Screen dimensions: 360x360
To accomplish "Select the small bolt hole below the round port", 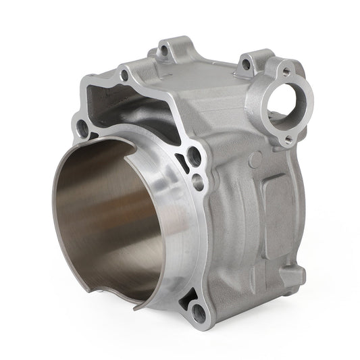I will coord(288,140).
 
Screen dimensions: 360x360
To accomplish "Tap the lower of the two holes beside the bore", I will coord(197,180).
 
